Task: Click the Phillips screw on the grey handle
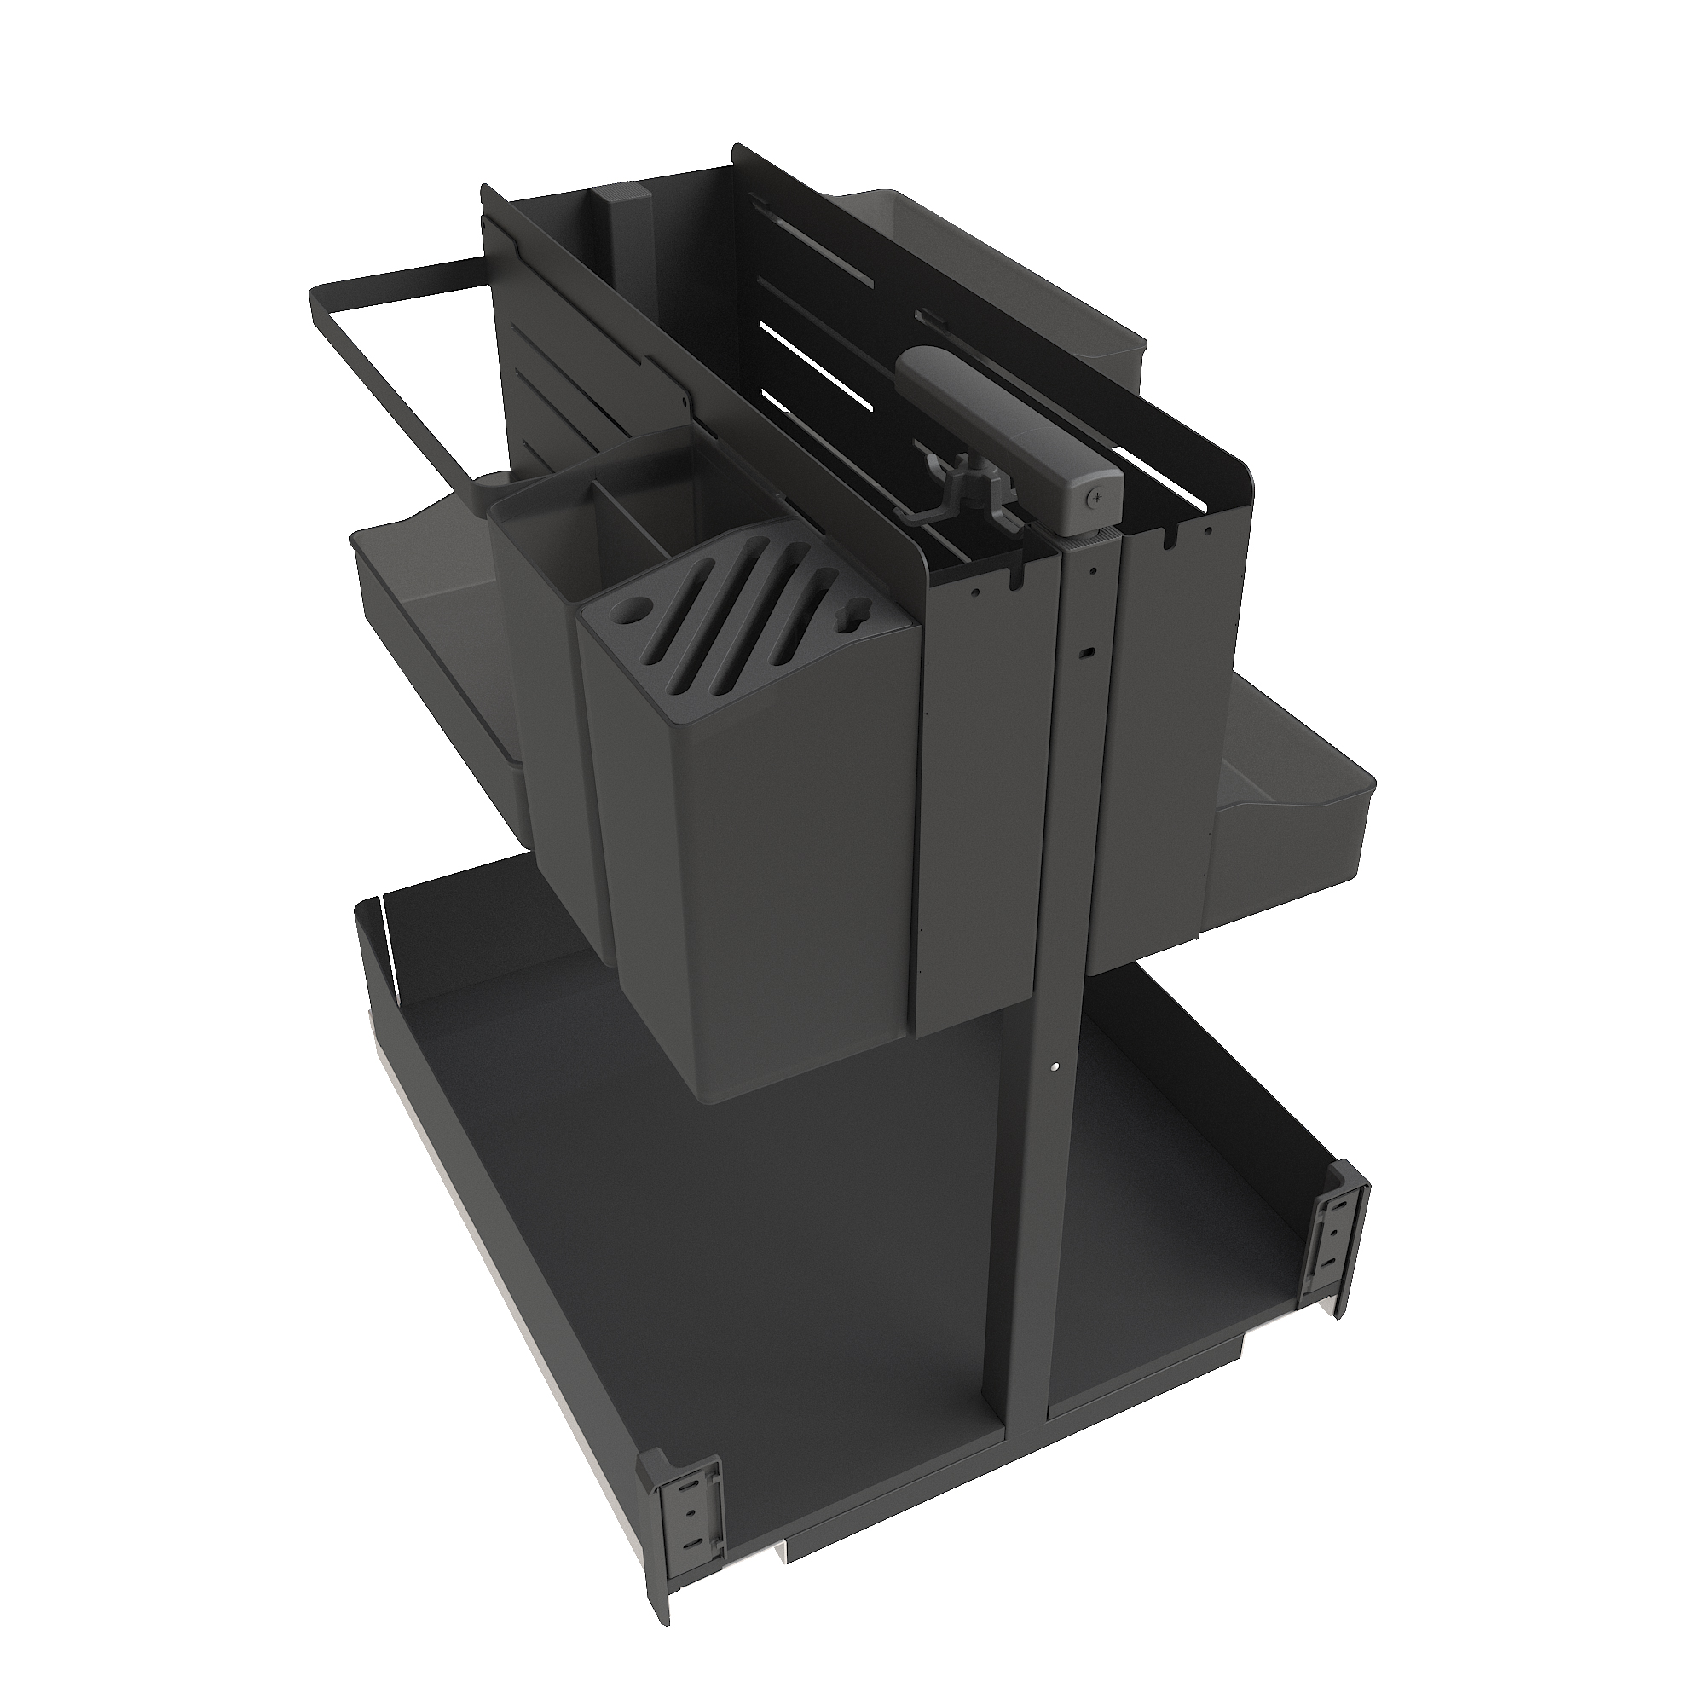click(1097, 497)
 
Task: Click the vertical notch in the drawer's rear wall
click(385, 935)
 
